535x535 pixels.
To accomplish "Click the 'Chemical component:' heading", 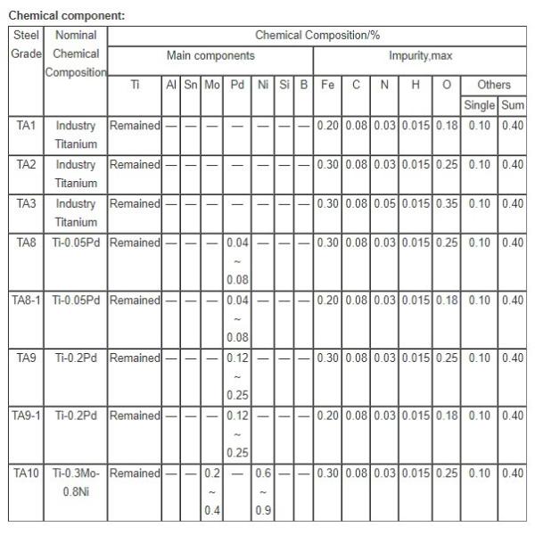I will [66, 16].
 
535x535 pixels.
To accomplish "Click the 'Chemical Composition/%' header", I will [317, 36].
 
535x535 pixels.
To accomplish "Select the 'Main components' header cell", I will [210, 55].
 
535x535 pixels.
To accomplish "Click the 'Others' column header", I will [493, 85].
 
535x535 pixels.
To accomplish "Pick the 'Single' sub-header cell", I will [479, 106].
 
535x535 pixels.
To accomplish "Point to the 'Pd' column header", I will [237, 85].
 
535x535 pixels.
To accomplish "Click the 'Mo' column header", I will [212, 85].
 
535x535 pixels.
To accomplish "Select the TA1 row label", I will [26, 126].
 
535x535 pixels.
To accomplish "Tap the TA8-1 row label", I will [26, 300].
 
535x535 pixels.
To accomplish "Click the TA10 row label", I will [26, 473].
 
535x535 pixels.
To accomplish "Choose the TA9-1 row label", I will [26, 416].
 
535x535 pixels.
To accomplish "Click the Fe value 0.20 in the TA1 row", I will [328, 126].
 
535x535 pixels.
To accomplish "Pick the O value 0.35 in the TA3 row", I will [447, 203].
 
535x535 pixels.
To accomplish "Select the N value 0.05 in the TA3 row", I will [384, 203].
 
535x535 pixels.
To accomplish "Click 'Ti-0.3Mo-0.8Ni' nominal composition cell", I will [76, 481].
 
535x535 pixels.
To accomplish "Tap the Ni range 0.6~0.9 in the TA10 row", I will [263, 491].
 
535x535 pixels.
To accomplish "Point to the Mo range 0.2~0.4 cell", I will [212, 491].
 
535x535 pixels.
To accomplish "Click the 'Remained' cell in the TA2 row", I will [135, 165].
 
